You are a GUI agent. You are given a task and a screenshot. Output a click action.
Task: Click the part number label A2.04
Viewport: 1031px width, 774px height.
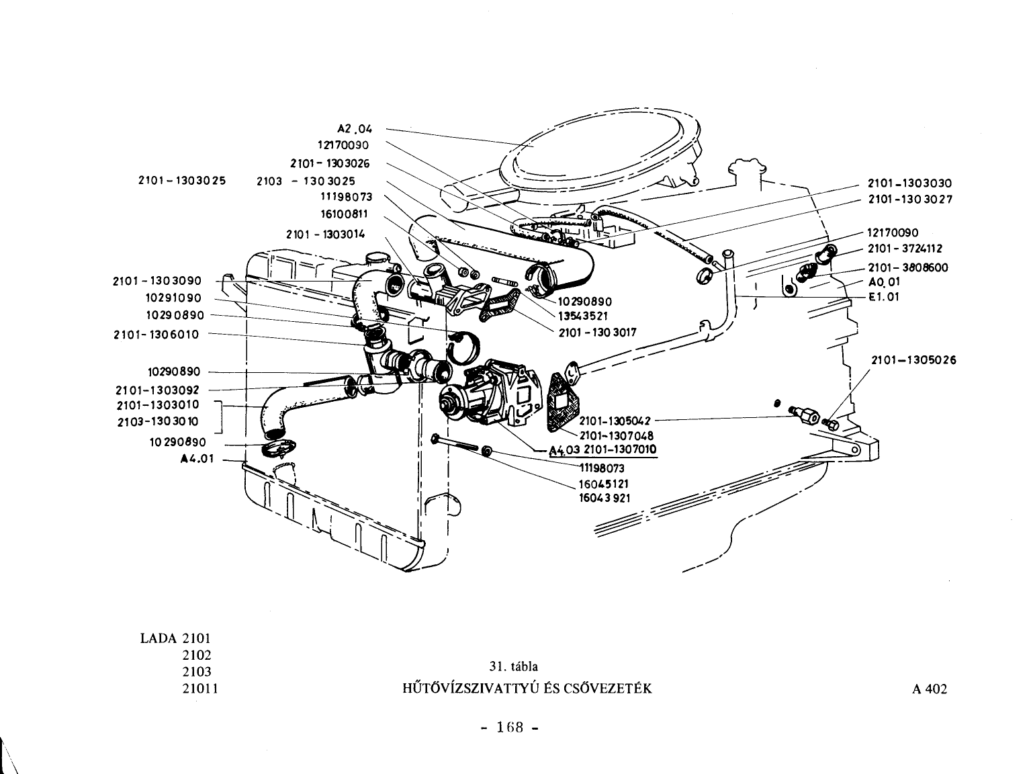coord(355,128)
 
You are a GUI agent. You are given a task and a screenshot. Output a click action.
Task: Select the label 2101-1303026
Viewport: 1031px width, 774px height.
coord(330,163)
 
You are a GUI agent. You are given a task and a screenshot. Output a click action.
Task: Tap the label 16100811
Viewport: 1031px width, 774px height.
coord(345,214)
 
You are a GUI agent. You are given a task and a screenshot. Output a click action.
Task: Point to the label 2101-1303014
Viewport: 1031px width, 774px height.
coord(326,234)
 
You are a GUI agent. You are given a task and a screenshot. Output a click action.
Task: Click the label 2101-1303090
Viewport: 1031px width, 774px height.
coord(157,281)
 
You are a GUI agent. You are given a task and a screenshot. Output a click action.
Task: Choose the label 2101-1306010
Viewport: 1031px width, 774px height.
coord(156,335)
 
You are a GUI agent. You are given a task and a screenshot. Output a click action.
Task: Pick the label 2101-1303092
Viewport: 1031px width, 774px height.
coord(157,390)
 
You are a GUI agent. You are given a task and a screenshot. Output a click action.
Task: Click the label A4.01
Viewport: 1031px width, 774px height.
coord(197,459)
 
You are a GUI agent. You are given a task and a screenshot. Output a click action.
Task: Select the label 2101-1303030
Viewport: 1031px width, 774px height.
coord(910,183)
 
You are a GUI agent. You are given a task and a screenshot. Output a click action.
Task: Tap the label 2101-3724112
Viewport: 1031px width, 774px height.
coord(905,249)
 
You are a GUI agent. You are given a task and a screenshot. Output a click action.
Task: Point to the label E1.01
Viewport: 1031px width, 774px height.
coord(884,297)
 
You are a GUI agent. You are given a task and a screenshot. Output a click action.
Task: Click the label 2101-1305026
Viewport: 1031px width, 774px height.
coord(913,360)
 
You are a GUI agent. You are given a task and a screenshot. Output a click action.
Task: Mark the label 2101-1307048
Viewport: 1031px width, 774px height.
coord(617,435)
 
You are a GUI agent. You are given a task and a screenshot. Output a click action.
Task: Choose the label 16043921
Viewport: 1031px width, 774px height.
coord(604,498)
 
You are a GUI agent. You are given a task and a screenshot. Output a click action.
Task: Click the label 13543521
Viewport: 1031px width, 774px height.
coord(583,316)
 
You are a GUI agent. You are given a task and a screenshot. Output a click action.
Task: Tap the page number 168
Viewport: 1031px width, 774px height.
coord(510,728)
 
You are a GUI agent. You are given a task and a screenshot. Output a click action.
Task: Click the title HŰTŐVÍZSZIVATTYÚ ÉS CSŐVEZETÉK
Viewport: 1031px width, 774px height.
coord(527,689)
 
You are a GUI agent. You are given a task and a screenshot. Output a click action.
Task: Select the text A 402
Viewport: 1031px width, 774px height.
coord(930,689)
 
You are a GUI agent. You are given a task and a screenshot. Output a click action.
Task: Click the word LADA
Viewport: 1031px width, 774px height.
coord(159,638)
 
